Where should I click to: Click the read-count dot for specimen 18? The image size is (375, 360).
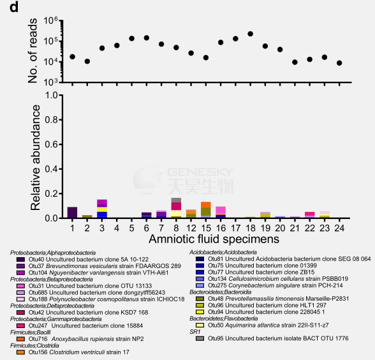click(x=251, y=34)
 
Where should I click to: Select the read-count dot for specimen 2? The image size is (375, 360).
click(x=87, y=61)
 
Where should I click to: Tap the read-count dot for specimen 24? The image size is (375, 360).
click(x=339, y=63)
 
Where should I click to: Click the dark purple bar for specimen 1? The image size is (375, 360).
click(x=72, y=213)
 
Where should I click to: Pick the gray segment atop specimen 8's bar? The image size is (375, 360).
click(x=176, y=200)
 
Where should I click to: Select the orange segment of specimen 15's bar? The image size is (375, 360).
click(x=206, y=204)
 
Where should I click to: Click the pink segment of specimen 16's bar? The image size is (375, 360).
click(x=221, y=210)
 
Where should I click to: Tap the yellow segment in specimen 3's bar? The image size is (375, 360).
click(x=102, y=209)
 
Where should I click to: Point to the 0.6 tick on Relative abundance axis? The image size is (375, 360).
click(x=61, y=144)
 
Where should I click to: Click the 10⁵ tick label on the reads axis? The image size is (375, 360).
click(x=51, y=41)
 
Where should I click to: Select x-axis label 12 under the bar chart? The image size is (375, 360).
click(x=191, y=228)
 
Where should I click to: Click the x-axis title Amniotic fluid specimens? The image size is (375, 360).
click(x=214, y=239)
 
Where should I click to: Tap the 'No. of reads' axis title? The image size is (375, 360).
click(x=33, y=50)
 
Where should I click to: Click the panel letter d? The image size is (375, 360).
click(x=14, y=7)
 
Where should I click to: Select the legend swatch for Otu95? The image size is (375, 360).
click(x=200, y=338)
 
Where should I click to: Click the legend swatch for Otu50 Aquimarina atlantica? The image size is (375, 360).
click(x=200, y=326)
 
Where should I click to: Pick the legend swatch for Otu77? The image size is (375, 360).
click(x=200, y=272)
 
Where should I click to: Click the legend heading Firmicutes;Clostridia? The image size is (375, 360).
click(x=34, y=345)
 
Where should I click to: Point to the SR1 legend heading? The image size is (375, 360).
click(x=195, y=332)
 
